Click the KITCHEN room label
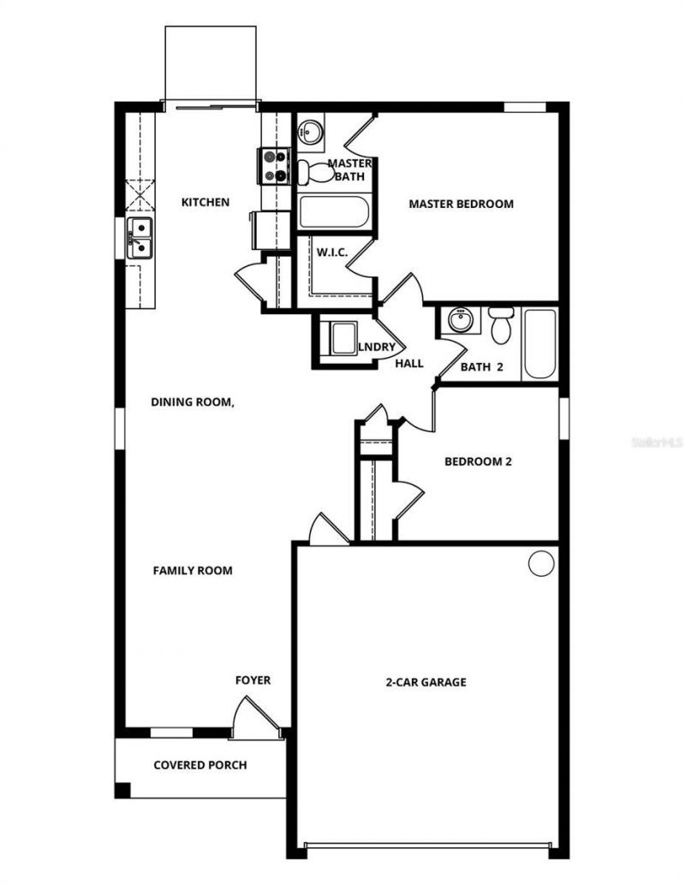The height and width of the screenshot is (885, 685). click(x=205, y=203)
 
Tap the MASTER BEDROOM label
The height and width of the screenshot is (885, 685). click(x=461, y=204)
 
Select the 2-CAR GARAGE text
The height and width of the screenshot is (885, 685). click(x=425, y=682)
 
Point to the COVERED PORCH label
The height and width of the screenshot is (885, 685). click(x=200, y=764)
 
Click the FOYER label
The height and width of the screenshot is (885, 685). click(x=253, y=680)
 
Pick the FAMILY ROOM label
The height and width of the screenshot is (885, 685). click(x=193, y=570)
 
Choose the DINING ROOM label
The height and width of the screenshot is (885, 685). click(x=193, y=401)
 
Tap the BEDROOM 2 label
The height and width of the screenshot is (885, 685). click(x=478, y=461)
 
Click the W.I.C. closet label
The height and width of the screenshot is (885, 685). click(x=331, y=253)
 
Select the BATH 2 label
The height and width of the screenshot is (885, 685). click(x=481, y=367)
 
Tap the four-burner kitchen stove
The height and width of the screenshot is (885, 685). click(x=275, y=166)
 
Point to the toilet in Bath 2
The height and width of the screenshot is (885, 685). click(x=501, y=323)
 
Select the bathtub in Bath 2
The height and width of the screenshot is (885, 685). click(x=539, y=343)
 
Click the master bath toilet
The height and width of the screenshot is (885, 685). click(x=316, y=171)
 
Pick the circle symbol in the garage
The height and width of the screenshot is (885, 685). click(x=540, y=563)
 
